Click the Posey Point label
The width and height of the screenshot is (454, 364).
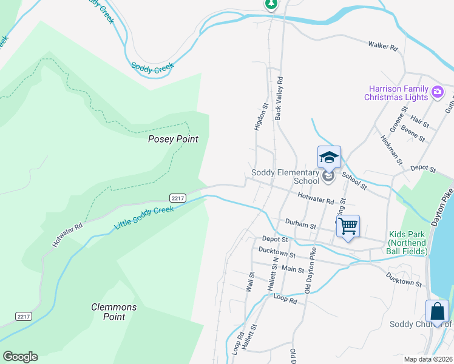174,139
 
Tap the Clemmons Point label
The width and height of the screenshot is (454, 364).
113,312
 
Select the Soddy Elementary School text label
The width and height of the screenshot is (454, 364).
285,177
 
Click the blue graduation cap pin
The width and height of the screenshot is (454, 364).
329,158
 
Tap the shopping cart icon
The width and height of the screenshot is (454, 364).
348,227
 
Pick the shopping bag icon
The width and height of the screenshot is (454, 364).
437,312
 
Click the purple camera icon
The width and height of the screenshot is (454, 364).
438,93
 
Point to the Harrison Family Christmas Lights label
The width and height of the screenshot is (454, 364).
396,93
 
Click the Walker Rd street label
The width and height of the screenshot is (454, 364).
382,45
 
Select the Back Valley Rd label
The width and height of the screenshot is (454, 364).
279,98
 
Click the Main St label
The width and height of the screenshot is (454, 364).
292,269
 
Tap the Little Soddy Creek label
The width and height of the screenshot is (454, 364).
144,218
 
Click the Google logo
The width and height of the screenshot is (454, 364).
20,357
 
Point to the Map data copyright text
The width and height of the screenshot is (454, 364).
427,359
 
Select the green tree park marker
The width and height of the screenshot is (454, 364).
271,4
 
